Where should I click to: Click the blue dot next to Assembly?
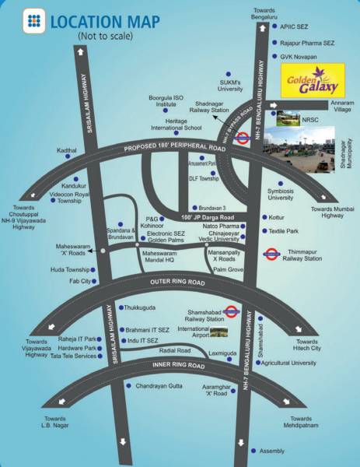254,451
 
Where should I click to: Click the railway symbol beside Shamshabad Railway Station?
230,311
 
